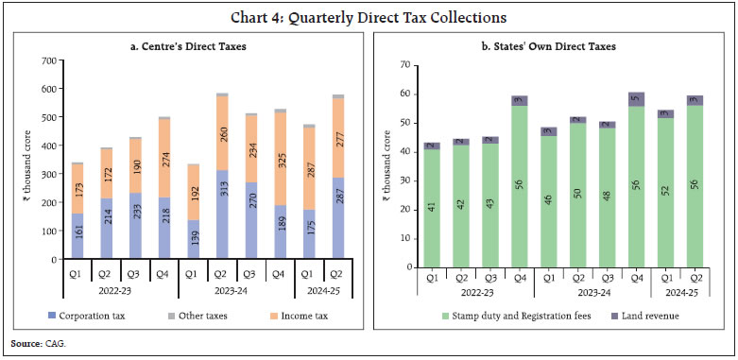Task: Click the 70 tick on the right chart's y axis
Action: coord(405,64)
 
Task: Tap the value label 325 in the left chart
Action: coord(281,153)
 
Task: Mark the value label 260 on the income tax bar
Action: coord(222,134)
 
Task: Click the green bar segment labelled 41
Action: coord(431,209)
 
